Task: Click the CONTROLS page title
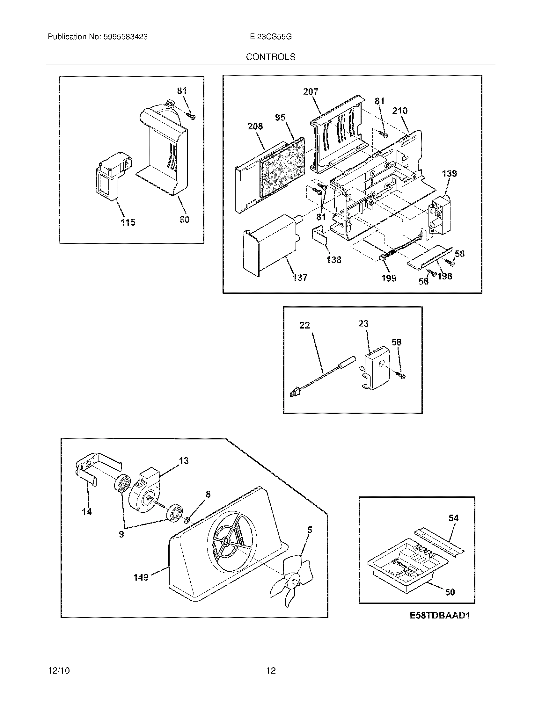270,57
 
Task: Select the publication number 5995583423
125,37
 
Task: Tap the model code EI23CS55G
271,37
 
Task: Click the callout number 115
128,222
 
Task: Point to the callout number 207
311,92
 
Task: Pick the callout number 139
449,174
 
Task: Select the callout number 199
389,278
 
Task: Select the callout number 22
304,325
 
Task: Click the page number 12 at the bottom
271,670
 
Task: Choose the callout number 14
87,512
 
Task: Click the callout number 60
184,220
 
